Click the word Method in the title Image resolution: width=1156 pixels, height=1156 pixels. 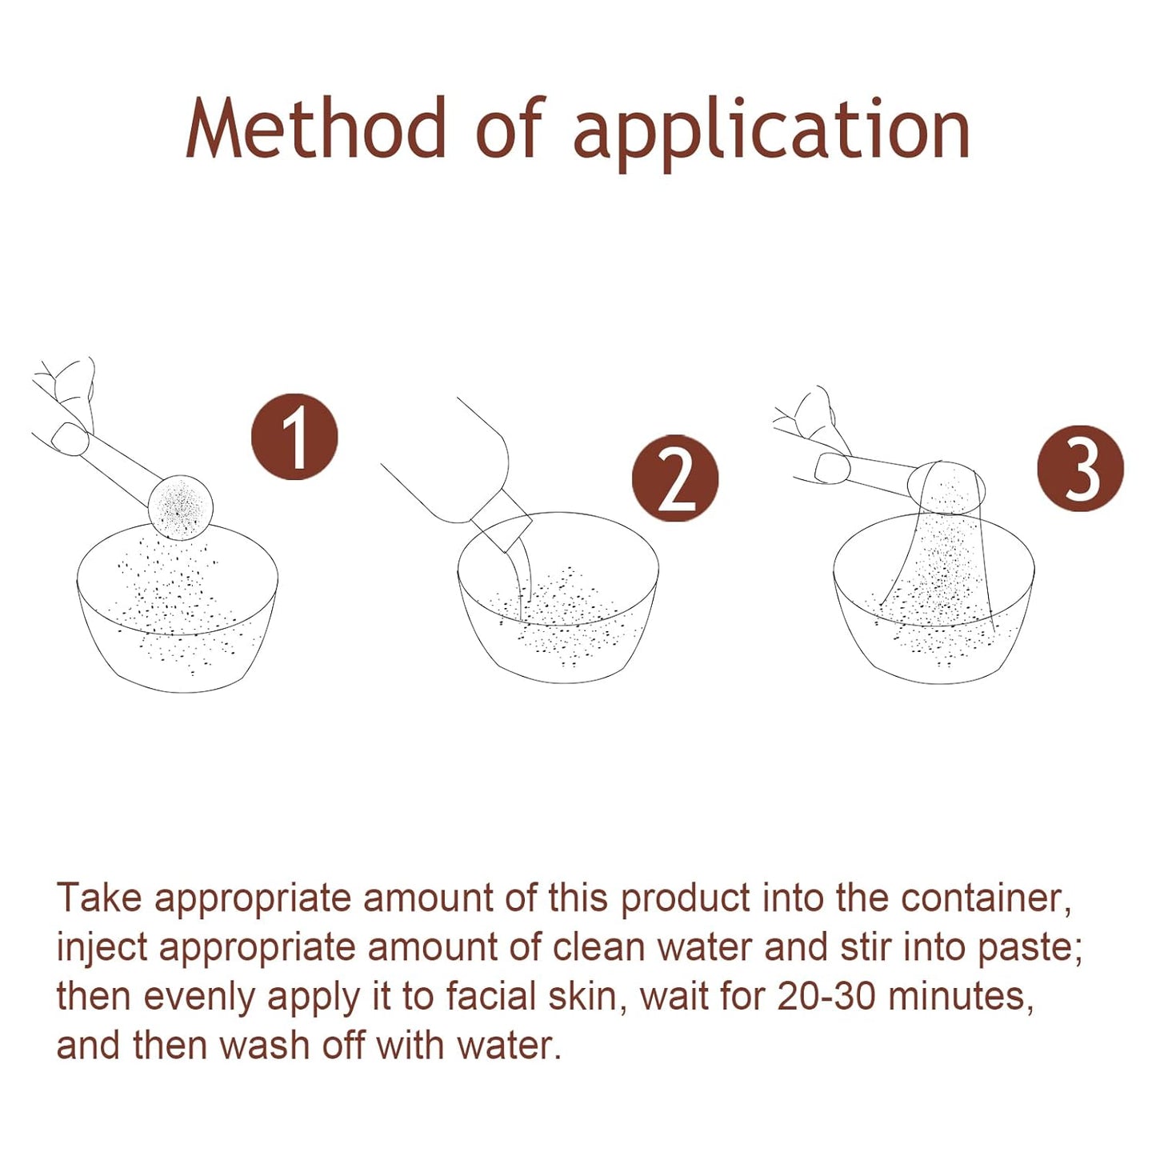[316, 127]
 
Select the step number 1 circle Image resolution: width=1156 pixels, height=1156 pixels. [294, 437]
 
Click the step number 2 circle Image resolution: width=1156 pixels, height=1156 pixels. [675, 478]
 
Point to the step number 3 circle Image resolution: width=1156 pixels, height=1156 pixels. [1081, 469]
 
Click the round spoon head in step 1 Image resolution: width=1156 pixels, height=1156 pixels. [181, 506]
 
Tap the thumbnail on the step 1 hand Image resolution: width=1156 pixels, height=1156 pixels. [70, 438]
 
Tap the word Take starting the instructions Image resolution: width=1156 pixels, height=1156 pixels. [99, 898]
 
